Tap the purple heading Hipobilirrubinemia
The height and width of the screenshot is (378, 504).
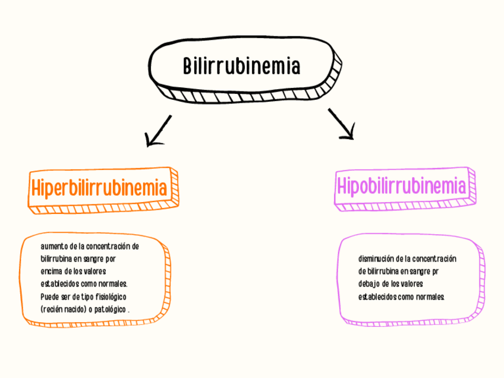[401, 185]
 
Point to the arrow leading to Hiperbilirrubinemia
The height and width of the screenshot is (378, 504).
[158, 131]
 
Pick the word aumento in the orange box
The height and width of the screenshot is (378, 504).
[54, 246]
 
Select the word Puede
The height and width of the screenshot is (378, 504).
[49, 296]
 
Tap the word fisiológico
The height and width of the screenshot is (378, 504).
[109, 296]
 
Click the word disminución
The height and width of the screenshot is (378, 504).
[376, 259]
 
